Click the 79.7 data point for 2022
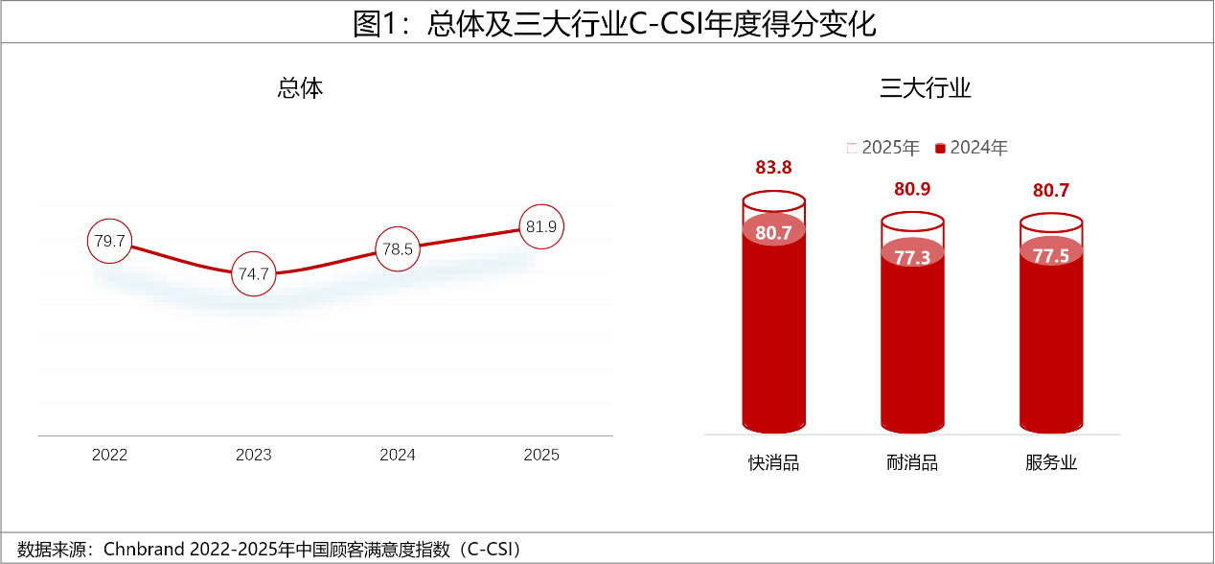pos(109,241)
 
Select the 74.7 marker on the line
pos(254,274)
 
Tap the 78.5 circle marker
pos(397,249)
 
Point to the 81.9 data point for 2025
pos(541,227)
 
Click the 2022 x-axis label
pos(109,455)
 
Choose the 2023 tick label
pos(254,455)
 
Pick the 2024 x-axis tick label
pos(398,455)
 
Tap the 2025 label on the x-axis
pos(541,455)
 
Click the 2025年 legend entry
pos(883,148)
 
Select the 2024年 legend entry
pos(972,148)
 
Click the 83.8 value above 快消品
pos(773,168)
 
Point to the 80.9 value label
pos(912,189)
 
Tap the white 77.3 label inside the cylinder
pos(912,257)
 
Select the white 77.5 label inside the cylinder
pos(1051,256)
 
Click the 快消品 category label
pos(773,463)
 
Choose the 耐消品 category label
pos(912,463)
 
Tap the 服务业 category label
pos(1051,463)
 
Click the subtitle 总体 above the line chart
pos(300,89)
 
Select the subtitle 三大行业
pos(926,89)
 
